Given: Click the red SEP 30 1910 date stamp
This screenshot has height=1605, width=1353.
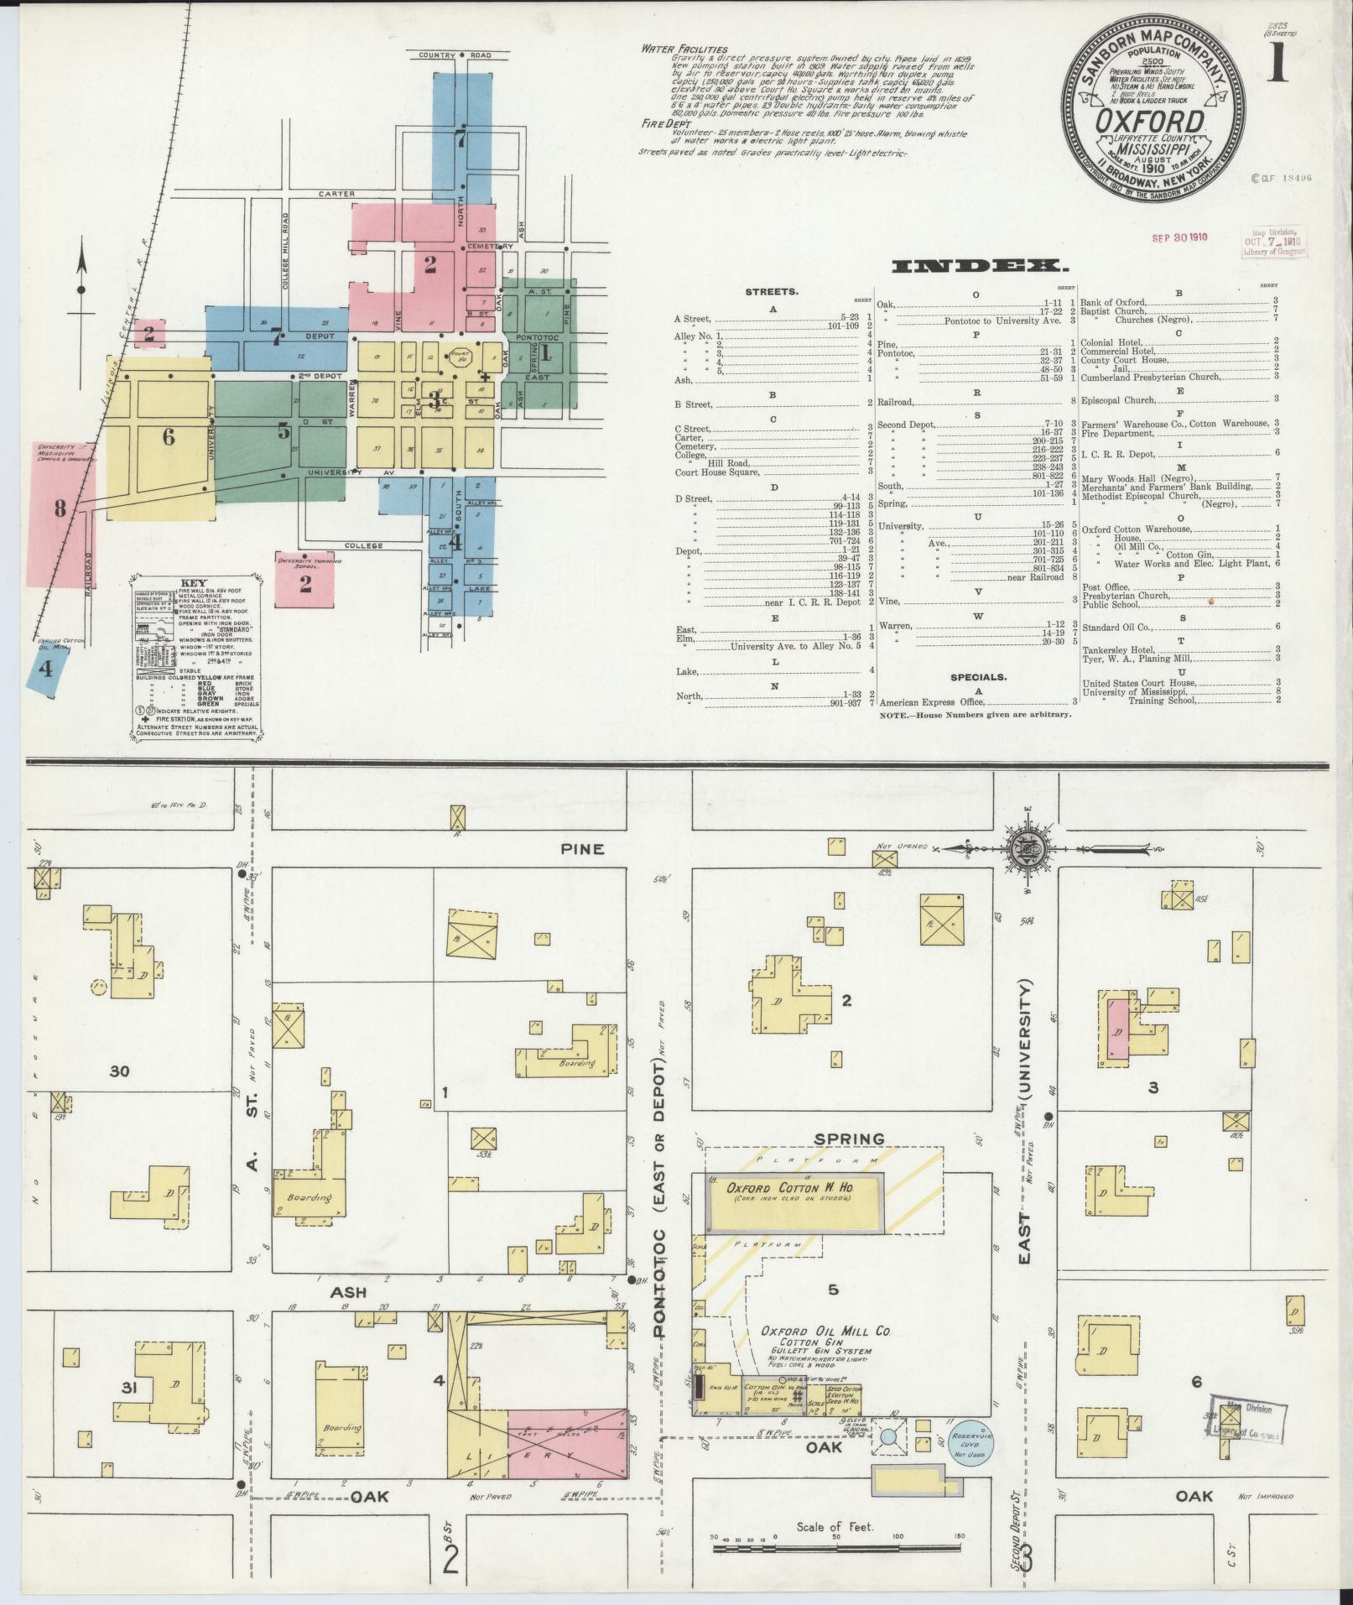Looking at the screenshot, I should [1179, 237].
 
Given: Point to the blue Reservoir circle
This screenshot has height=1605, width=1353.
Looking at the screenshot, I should [971, 1443].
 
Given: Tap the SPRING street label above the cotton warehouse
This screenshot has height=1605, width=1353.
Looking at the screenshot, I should [850, 1139].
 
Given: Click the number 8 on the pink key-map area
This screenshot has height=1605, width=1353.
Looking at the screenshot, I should [60, 508].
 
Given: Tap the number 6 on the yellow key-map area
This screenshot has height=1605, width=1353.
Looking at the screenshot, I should [169, 436].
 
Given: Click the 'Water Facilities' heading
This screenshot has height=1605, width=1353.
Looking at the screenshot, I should [684, 49].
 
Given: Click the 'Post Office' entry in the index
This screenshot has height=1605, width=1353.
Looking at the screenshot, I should [1105, 586].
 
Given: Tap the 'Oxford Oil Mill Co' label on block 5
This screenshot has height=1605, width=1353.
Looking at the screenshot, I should [825, 1331].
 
